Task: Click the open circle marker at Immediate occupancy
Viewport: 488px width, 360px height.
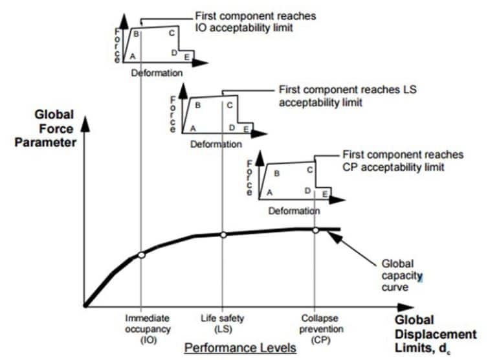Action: pyautogui.click(x=141, y=255)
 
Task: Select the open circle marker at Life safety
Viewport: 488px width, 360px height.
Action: pyautogui.click(x=223, y=235)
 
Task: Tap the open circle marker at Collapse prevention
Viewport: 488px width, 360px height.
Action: pyautogui.click(x=315, y=230)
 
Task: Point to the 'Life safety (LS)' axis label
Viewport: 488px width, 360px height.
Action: pyautogui.click(x=222, y=323)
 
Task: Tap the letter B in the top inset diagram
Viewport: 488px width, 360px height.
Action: pyautogui.click(x=137, y=34)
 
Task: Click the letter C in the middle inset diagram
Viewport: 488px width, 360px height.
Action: pyautogui.click(x=230, y=104)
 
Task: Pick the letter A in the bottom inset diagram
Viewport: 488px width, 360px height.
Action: pyautogui.click(x=270, y=192)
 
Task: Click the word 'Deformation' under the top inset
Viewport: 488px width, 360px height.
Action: pyautogui.click(x=157, y=73)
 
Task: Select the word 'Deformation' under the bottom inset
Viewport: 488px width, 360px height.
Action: pyautogui.click(x=294, y=211)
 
